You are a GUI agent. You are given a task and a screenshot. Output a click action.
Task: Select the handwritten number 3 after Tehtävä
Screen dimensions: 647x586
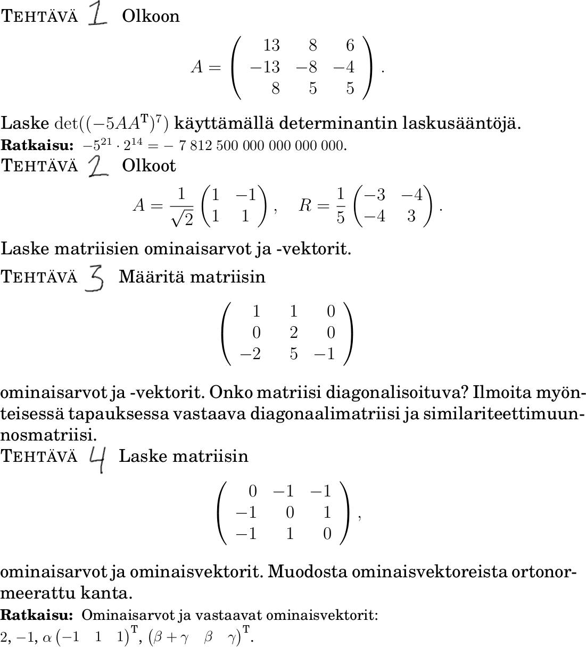[x=95, y=278]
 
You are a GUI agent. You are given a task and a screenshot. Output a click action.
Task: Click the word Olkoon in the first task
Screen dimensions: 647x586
[x=151, y=16]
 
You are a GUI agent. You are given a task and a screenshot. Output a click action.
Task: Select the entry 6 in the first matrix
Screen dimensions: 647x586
[x=350, y=46]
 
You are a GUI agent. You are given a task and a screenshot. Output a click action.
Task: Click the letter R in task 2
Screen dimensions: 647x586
[x=305, y=205]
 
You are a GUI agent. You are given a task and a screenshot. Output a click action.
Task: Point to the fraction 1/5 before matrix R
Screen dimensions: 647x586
[x=341, y=205]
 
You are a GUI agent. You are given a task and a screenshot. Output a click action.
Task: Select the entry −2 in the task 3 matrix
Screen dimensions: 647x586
[x=250, y=354]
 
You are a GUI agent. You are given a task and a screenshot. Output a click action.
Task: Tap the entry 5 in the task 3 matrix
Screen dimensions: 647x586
[x=294, y=354]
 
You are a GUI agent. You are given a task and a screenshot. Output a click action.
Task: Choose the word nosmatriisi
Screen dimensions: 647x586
[x=48, y=435]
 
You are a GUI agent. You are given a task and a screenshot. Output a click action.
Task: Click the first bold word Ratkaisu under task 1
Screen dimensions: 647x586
[x=37, y=145]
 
